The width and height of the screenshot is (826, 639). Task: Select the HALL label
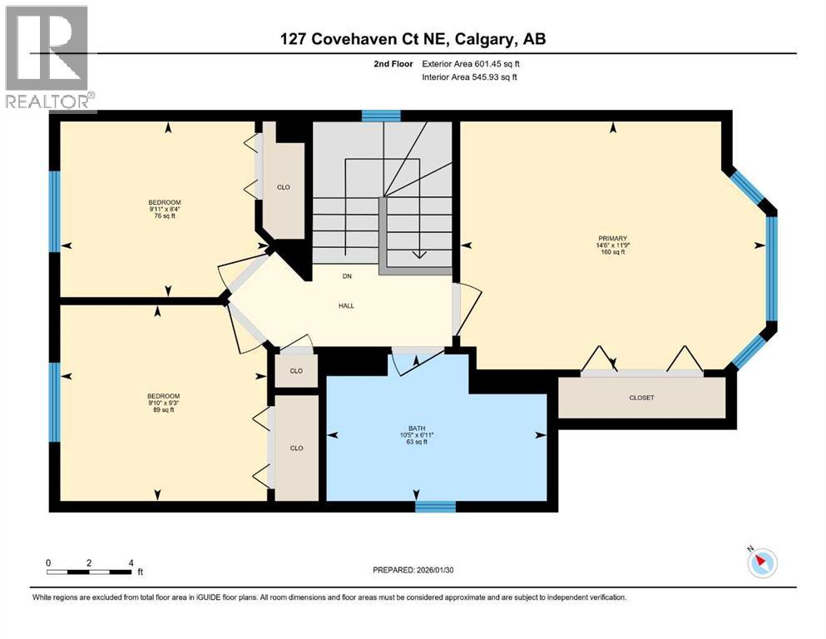point(346,305)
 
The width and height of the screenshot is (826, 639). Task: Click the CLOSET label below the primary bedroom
point(641,398)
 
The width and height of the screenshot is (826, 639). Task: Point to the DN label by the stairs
point(346,276)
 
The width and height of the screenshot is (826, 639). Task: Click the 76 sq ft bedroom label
point(164,209)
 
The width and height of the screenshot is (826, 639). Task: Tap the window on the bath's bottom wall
point(435,506)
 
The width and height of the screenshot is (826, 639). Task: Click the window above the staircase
point(381,116)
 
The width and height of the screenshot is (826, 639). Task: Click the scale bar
point(89,572)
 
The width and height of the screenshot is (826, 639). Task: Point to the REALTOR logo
point(47,58)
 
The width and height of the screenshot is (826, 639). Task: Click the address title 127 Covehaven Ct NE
point(413,39)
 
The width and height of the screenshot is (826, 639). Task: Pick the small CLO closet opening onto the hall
point(296,371)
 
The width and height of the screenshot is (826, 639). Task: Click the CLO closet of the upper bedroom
point(284,187)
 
